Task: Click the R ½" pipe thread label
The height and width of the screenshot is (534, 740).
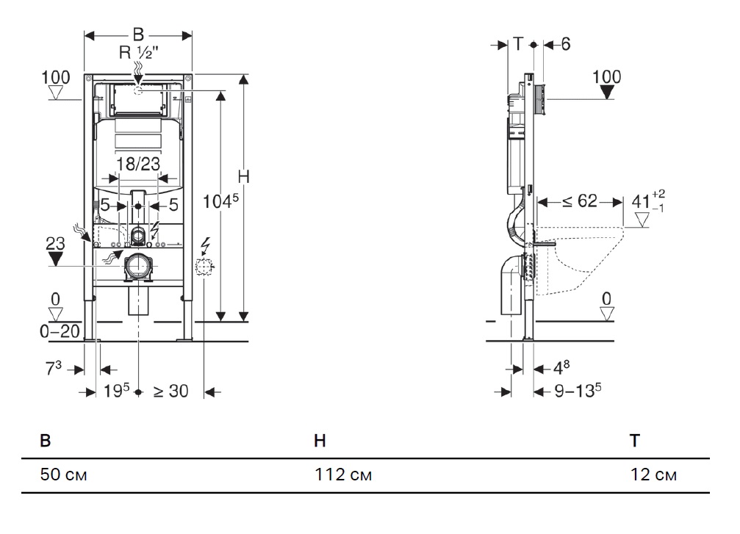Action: coord(138,52)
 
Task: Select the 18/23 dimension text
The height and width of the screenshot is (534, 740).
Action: coord(138,164)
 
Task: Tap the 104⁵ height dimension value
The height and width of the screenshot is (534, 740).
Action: coord(220,201)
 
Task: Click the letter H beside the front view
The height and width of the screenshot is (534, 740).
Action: coord(243,177)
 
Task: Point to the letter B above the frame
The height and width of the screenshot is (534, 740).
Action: coord(138,35)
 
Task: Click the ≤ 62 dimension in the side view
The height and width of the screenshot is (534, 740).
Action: coord(580,201)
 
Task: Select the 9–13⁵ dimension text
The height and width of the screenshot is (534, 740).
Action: coord(578,391)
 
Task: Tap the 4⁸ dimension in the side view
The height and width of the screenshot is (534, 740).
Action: coord(561,367)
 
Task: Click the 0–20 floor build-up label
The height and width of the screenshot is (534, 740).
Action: coord(60,331)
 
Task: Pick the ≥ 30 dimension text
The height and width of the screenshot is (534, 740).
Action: coord(170,391)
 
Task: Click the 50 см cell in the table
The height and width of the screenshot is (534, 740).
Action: coord(64,474)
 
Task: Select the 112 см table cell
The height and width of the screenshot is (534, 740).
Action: coord(343,474)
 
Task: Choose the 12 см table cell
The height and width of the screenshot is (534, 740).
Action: coord(653,474)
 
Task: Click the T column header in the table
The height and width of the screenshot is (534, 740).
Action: coord(635,441)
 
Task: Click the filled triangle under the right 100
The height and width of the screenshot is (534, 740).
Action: coord(606,93)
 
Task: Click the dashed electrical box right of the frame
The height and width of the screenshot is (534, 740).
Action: coord(204,267)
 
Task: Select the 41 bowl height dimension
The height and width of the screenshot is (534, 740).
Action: coord(647,201)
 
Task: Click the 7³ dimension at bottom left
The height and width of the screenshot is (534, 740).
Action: coord(54,369)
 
